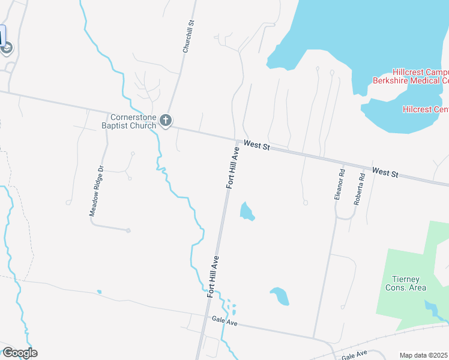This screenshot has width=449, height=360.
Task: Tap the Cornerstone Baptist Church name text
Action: tap(133, 121)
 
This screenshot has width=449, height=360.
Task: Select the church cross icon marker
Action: tap(166, 121)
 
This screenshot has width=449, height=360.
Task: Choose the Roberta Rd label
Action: tap(359, 190)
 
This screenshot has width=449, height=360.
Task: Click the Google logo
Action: tap(19, 353)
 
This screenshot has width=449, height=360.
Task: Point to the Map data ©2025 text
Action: tap(424, 355)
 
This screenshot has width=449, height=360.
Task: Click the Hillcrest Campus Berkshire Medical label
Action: tap(411, 76)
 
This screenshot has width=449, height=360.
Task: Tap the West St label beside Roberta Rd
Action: tap(385, 173)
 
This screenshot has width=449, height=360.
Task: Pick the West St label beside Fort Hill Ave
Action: tap(257, 146)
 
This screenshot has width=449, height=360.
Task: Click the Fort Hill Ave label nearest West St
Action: tap(233, 168)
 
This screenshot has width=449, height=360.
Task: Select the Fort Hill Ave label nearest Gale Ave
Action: tap(214, 276)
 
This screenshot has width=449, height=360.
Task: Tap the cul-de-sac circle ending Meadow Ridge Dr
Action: tap(128, 230)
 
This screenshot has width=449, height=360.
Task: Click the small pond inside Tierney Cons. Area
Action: tap(431, 308)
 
